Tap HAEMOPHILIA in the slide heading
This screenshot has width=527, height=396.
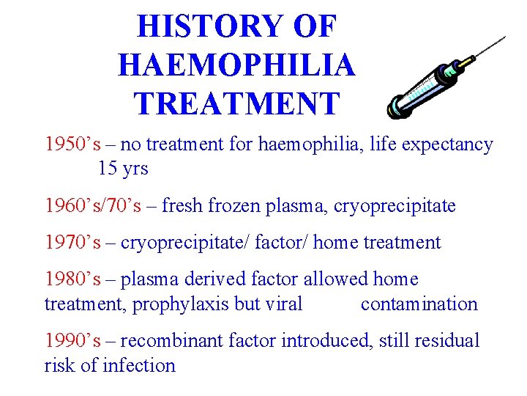236,65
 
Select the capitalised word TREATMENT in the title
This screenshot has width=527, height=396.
237,103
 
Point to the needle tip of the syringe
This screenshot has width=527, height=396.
504,37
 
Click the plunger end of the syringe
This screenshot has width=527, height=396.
396,108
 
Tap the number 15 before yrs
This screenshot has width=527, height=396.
107,169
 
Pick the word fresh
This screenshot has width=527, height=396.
183,206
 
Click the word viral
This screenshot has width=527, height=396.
283,304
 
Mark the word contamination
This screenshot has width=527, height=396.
419,304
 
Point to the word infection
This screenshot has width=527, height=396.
138,364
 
